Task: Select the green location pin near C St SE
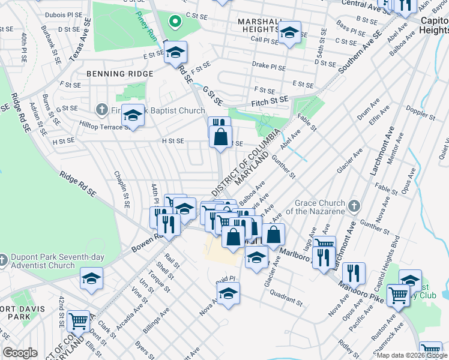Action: point(175,22)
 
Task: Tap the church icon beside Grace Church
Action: point(355,206)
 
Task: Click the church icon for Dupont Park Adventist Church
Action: point(4,260)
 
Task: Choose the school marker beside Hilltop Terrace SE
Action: point(133,115)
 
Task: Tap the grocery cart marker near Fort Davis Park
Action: point(79,322)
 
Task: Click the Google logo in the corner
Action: point(20,353)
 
